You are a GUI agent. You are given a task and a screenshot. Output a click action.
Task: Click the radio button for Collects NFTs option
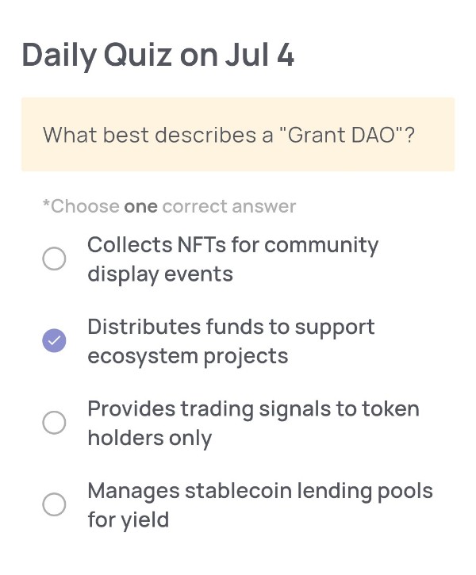pyautogui.click(x=54, y=259)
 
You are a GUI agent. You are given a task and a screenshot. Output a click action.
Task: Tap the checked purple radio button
pyautogui.click(x=54, y=341)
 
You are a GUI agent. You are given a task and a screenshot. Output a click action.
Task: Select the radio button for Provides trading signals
pyautogui.click(x=54, y=423)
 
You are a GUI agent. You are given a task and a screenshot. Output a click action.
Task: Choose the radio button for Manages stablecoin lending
pyautogui.click(x=54, y=504)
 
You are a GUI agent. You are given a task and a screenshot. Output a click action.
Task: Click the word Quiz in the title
pyautogui.click(x=137, y=56)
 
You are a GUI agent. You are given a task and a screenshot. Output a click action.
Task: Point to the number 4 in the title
pyautogui.click(x=286, y=55)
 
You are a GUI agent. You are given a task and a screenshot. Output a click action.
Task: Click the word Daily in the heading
pyautogui.click(x=59, y=56)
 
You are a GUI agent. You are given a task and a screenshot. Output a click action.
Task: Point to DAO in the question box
pyautogui.click(x=373, y=135)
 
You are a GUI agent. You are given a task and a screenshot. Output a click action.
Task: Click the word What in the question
pyautogui.click(x=70, y=135)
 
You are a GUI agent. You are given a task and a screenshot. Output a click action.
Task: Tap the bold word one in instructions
pyautogui.click(x=141, y=207)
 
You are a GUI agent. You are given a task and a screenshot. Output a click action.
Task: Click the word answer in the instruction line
pyautogui.click(x=263, y=207)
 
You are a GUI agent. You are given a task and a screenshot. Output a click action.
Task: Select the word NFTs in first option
pyautogui.click(x=202, y=244)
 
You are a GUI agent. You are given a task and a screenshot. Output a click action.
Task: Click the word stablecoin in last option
pyautogui.click(x=238, y=491)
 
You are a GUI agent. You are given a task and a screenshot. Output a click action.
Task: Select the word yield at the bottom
pyautogui.click(x=145, y=520)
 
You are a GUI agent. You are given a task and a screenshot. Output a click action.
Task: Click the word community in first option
pyautogui.click(x=321, y=245)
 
